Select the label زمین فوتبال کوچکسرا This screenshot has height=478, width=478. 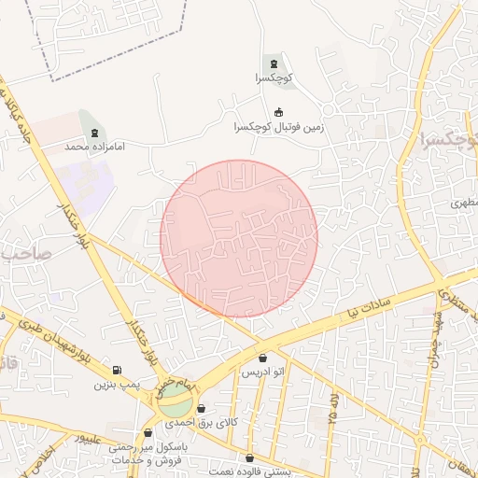(278, 127)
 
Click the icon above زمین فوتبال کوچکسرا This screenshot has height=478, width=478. (278, 112)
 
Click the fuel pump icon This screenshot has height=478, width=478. (117, 370)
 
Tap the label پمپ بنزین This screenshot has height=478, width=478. (117, 385)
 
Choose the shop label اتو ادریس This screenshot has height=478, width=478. (262, 373)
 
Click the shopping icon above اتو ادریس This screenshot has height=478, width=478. (262, 358)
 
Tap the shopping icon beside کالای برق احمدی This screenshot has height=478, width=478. (201, 409)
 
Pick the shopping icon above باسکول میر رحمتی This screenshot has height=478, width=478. (148, 432)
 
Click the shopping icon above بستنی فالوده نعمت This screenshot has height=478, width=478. (250, 457)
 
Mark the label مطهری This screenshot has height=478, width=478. (464, 202)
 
